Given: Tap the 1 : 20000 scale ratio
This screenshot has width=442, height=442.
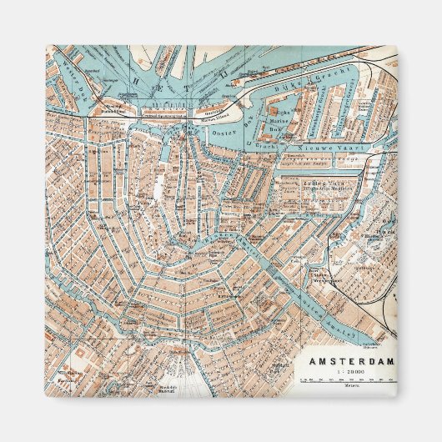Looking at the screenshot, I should (349, 372).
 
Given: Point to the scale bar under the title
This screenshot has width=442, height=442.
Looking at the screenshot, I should (348, 379).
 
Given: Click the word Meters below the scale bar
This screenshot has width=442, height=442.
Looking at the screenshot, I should (348, 386).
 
